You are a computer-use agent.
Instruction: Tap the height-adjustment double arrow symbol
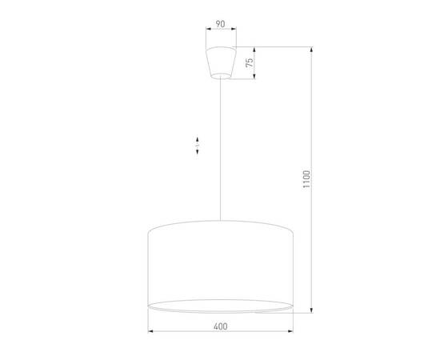(x=198, y=145)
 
